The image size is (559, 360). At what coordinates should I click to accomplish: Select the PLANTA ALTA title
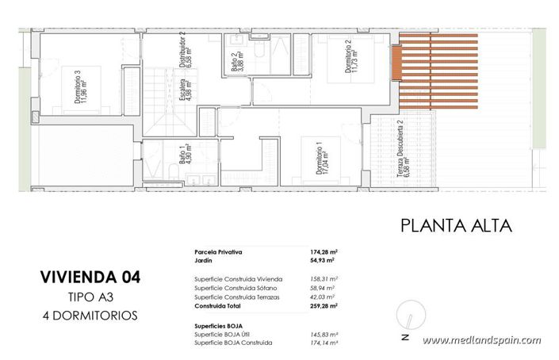(x=455, y=225)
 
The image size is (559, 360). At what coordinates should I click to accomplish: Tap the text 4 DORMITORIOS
(x=90, y=315)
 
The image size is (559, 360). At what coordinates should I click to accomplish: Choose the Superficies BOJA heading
(x=219, y=326)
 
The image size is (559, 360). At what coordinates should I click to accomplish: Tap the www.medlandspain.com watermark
(x=481, y=340)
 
